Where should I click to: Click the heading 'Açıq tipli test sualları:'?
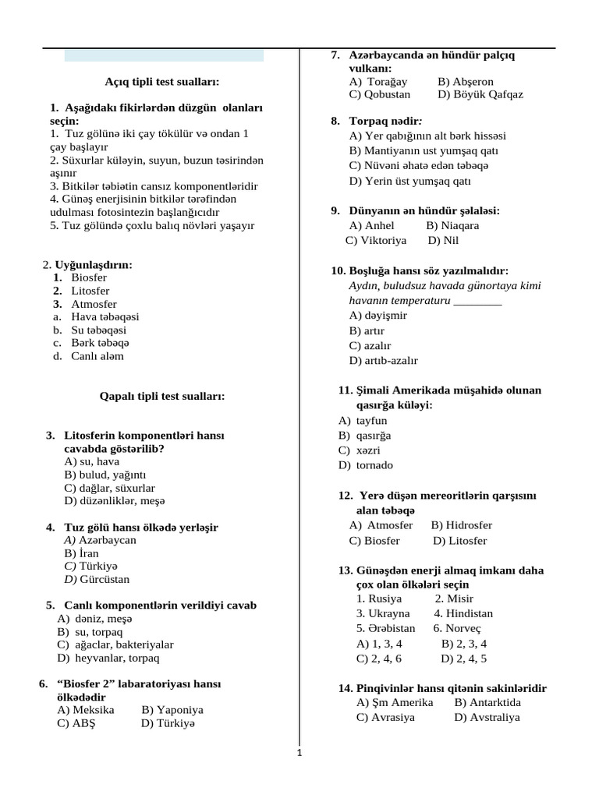click(162, 81)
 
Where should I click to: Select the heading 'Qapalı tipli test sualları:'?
click(162, 396)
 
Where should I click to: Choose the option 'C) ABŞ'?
click(76, 723)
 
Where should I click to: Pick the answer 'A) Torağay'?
click(378, 81)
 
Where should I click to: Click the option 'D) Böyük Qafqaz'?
click(480, 94)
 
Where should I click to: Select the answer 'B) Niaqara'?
click(452, 225)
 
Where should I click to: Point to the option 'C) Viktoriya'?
click(376, 241)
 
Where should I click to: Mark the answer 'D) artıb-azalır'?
click(383, 361)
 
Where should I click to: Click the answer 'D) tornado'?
click(366, 465)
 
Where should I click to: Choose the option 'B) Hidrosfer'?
click(462, 525)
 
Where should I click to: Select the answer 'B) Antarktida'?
click(487, 702)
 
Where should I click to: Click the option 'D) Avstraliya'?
click(487, 718)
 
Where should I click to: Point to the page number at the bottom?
click(299, 753)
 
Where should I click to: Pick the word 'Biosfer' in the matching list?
click(89, 277)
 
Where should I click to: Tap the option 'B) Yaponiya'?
click(172, 710)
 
